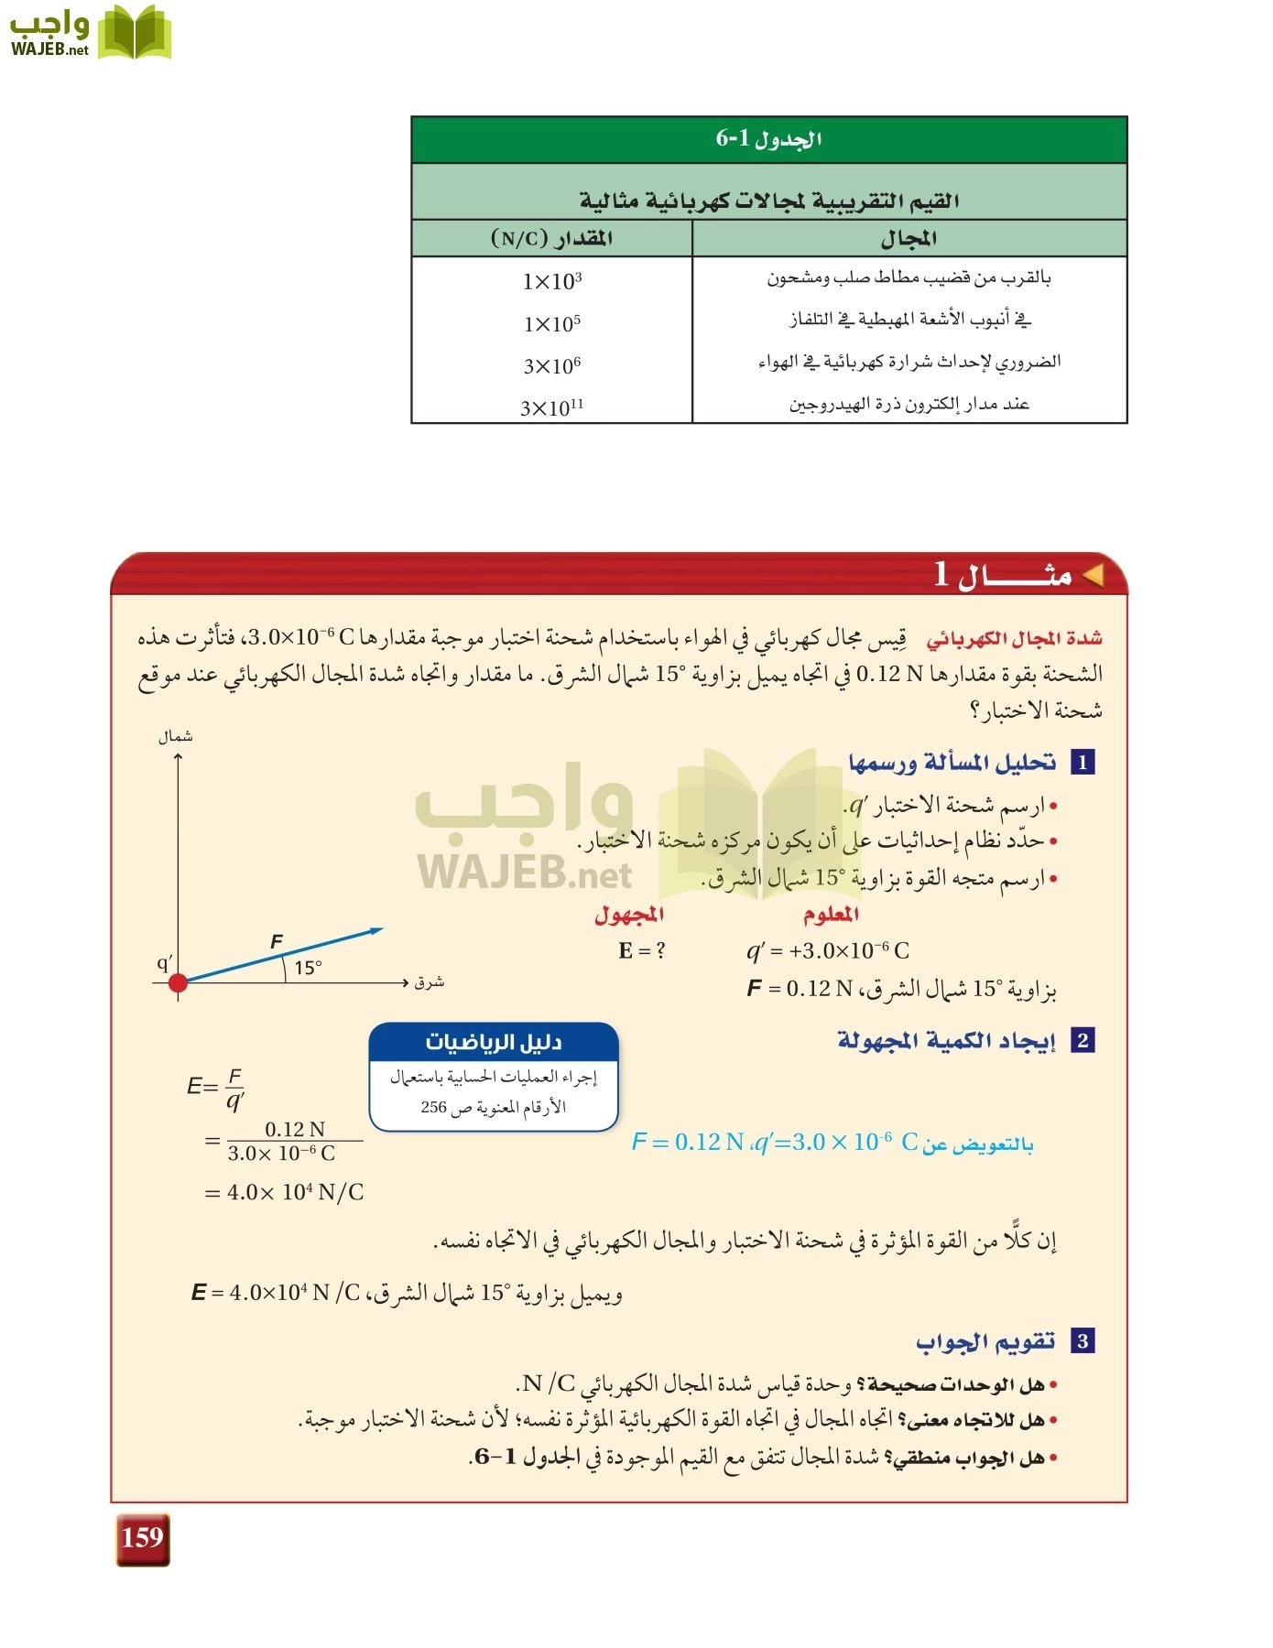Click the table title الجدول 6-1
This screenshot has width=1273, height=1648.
[768, 139]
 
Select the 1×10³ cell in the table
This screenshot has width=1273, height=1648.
[552, 281]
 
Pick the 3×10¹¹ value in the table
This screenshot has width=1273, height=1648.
[552, 407]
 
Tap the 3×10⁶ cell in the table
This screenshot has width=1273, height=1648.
[552, 366]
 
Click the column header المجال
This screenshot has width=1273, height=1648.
[909, 239]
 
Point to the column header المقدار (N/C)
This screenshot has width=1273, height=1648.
[552, 239]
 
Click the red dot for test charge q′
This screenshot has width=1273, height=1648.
[179, 982]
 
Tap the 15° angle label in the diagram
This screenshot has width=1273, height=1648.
[308, 968]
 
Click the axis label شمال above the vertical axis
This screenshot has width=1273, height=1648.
[176, 737]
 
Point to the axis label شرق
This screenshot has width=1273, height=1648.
[429, 982]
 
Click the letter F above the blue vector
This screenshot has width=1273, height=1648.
[277, 941]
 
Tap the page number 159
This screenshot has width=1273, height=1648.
[143, 1537]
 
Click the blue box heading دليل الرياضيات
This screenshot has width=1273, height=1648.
[494, 1042]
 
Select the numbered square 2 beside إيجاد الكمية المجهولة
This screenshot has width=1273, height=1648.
[1083, 1040]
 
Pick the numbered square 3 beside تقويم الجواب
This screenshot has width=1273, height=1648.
[1083, 1341]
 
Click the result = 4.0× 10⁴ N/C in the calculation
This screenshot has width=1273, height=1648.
[285, 1192]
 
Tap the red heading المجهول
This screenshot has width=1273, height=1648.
[629, 914]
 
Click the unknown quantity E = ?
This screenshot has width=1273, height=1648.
[642, 950]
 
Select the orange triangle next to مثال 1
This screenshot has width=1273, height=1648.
[1093, 575]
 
